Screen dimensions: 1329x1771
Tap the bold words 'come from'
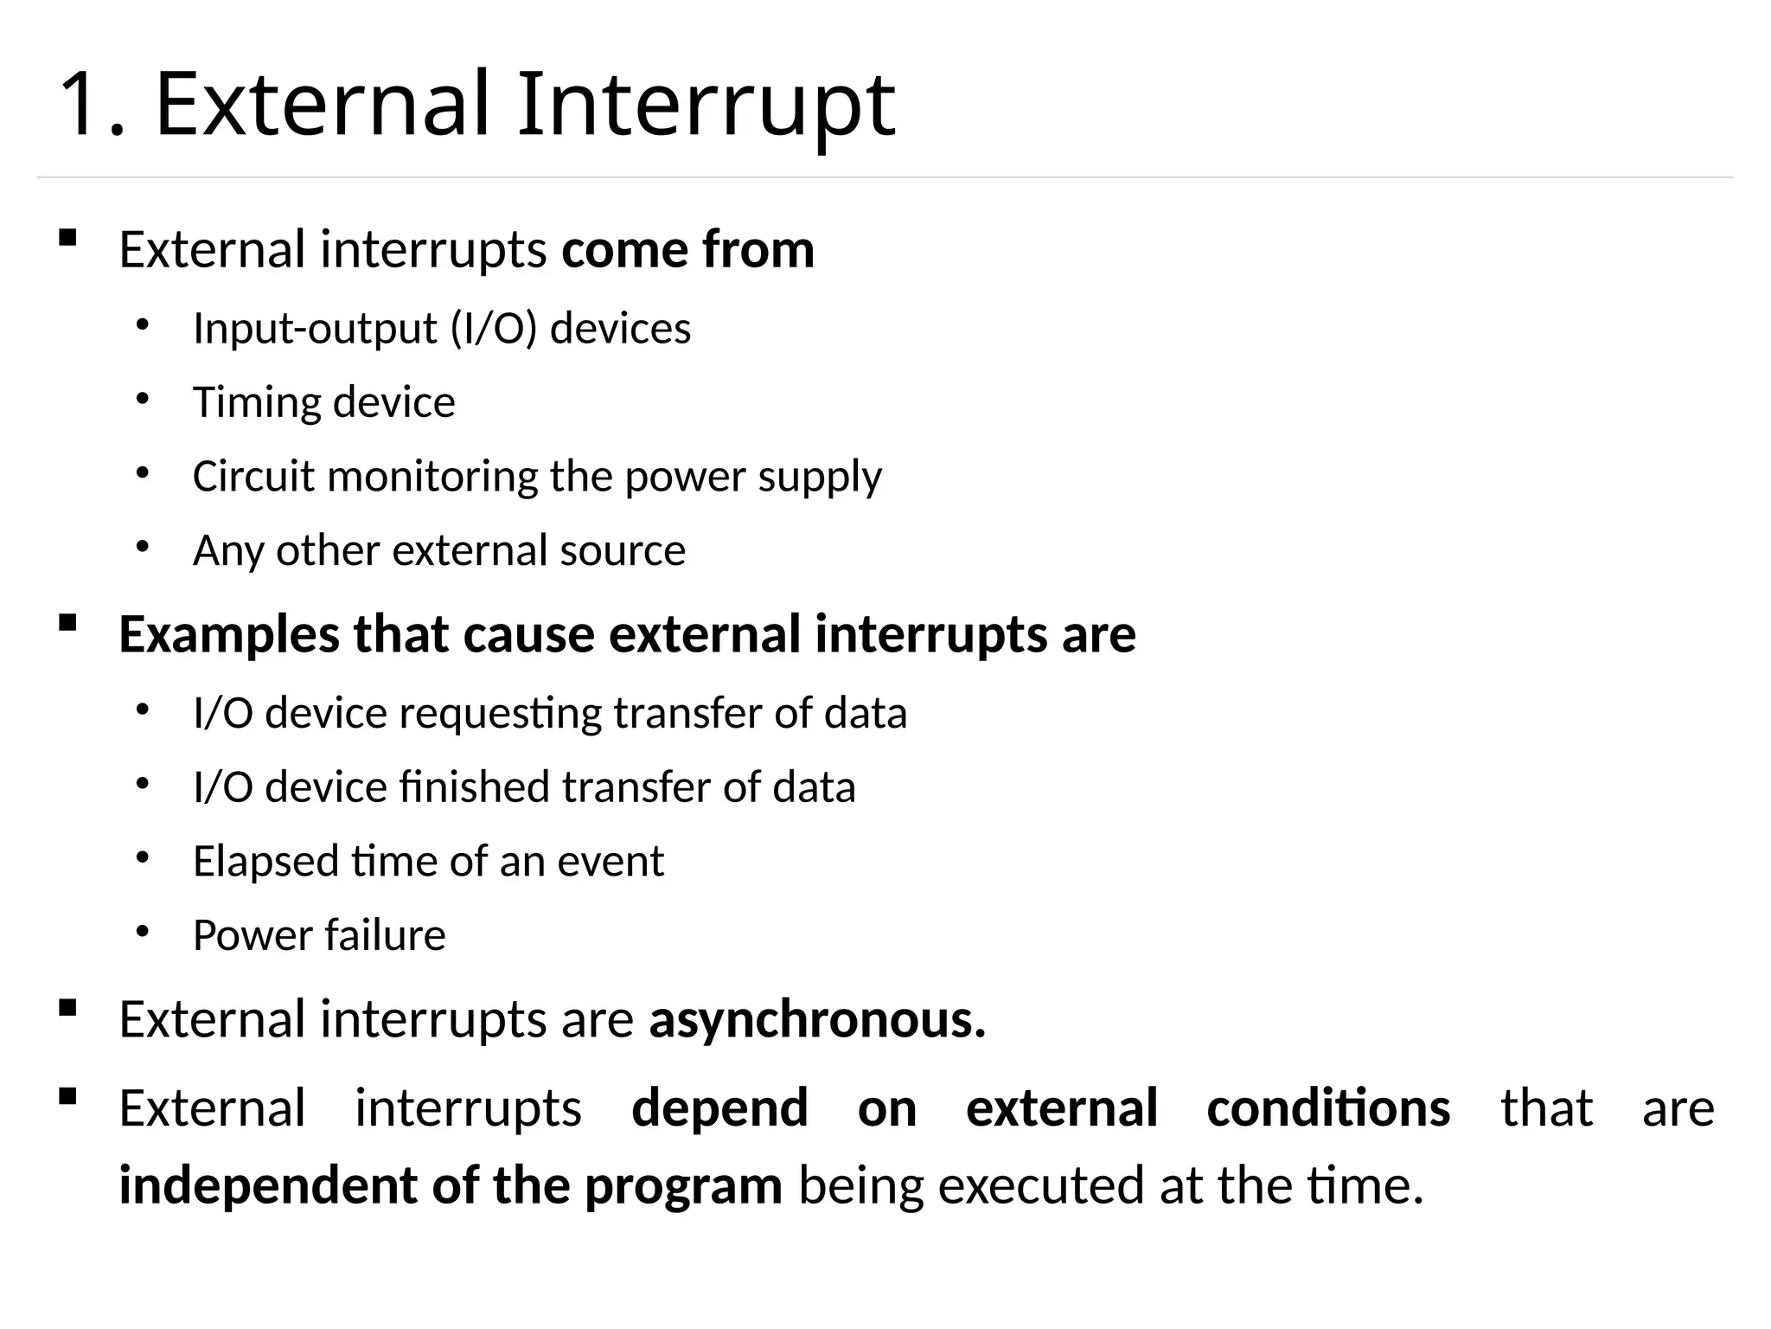pyautogui.click(x=687, y=250)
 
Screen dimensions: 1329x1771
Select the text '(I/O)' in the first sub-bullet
pyautogui.click(x=494, y=329)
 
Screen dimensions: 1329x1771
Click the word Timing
pyautogui.click(x=256, y=403)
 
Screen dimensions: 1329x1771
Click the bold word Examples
pyautogui.click(x=229, y=635)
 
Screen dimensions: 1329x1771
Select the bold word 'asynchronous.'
pyautogui.click(x=817, y=1020)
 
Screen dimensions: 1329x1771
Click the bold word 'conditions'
pyautogui.click(x=1328, y=1108)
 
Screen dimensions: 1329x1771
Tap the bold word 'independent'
pyautogui.click(x=267, y=1185)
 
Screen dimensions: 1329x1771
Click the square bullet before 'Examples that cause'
pyautogui.click(x=67, y=622)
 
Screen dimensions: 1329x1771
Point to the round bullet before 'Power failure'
pyautogui.click(x=143, y=932)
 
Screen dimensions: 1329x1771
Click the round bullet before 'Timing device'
pyautogui.click(x=143, y=399)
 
